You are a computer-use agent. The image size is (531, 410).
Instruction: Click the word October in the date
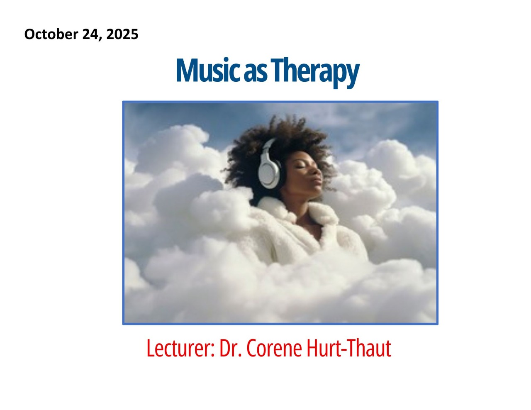pyautogui.click(x=51, y=34)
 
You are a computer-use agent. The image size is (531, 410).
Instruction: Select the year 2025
pyautogui.click(x=122, y=34)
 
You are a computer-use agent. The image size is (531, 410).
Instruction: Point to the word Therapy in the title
pyautogui.click(x=315, y=72)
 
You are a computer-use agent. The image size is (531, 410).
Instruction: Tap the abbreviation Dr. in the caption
pyautogui.click(x=230, y=348)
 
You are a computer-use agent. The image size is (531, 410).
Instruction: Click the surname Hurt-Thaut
pyautogui.click(x=349, y=348)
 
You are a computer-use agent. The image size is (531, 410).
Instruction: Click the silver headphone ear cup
pyautogui.click(x=268, y=174)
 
